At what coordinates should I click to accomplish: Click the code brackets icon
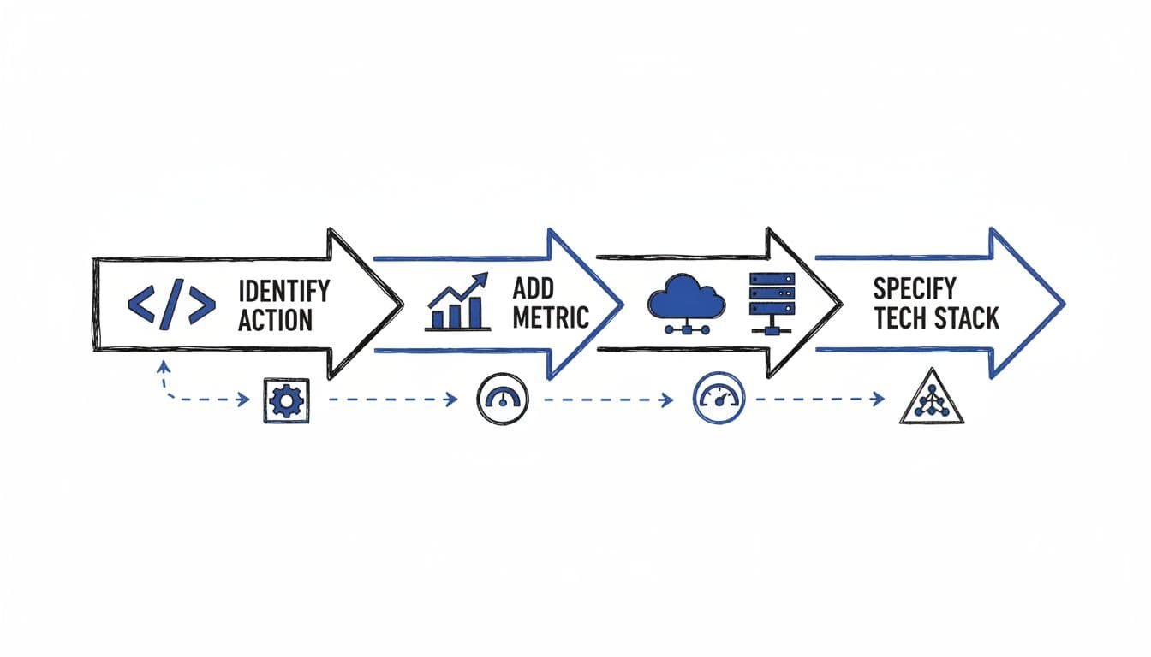pos(171,305)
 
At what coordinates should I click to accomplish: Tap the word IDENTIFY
pos(283,291)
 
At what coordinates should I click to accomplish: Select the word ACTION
pos(275,320)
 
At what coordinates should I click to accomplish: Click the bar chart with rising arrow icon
pos(458,303)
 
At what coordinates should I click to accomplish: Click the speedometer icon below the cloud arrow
pos(718,399)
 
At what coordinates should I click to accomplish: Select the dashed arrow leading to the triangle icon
pos(820,399)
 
